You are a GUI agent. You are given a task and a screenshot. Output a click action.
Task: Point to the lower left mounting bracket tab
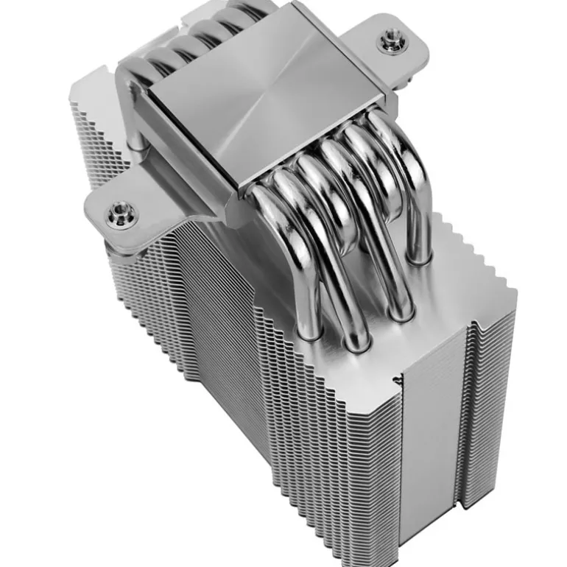pyautogui.click(x=125, y=214)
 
